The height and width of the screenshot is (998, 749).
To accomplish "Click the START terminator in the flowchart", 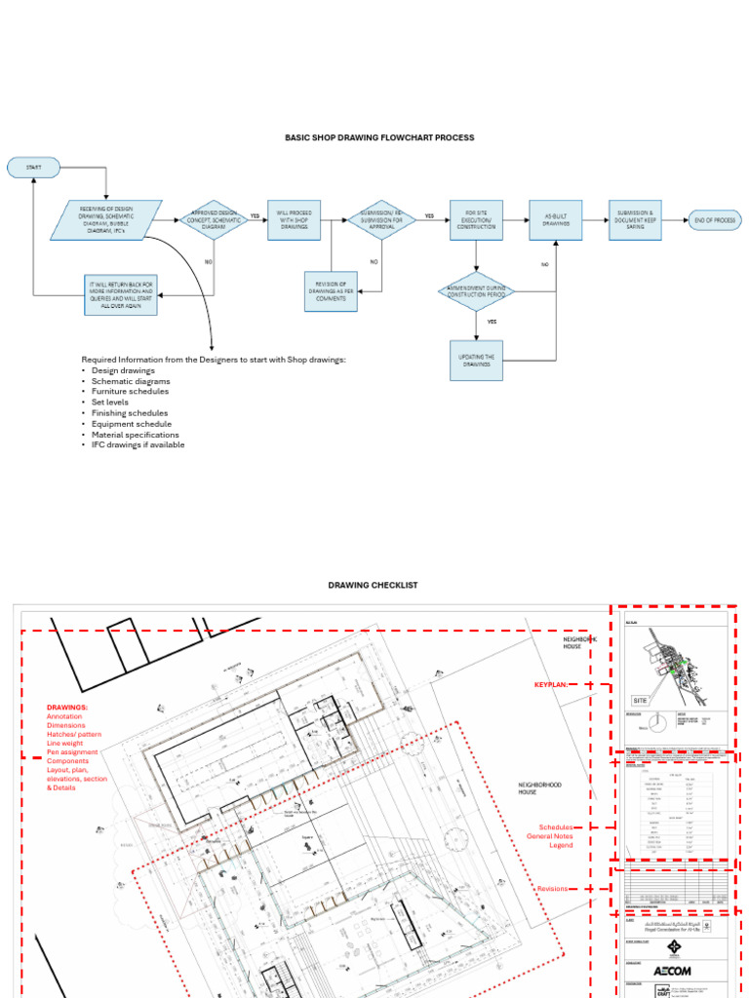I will pyautogui.click(x=34, y=168).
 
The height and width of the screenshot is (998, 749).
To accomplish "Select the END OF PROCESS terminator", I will pyautogui.click(x=714, y=219).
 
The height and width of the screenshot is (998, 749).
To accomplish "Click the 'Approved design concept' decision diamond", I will pyautogui.click(x=215, y=219).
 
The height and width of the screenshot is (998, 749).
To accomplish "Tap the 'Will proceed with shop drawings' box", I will pyautogui.click(x=294, y=219).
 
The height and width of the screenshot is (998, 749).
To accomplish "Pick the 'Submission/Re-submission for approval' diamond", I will pyautogui.click(x=382, y=219).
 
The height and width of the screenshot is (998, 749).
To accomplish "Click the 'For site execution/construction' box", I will pyautogui.click(x=476, y=219).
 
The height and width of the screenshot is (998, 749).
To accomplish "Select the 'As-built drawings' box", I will pyautogui.click(x=556, y=219).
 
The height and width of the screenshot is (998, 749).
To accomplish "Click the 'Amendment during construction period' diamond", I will pyautogui.click(x=476, y=291).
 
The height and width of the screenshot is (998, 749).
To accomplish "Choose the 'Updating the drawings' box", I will pyautogui.click(x=476, y=360).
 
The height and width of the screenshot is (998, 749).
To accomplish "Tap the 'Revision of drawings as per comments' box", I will pyautogui.click(x=331, y=290).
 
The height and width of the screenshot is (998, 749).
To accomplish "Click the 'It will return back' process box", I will pyautogui.click(x=119, y=293).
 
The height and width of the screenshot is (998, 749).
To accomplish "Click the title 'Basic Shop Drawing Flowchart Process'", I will pyautogui.click(x=379, y=138).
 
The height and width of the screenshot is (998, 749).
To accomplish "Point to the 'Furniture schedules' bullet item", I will pyautogui.click(x=130, y=392).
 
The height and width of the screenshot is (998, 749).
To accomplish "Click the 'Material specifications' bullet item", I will pyautogui.click(x=136, y=435).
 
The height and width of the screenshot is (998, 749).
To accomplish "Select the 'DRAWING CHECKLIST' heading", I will pyautogui.click(x=373, y=585).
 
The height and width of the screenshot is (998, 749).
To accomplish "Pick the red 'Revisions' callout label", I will pyautogui.click(x=552, y=889).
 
